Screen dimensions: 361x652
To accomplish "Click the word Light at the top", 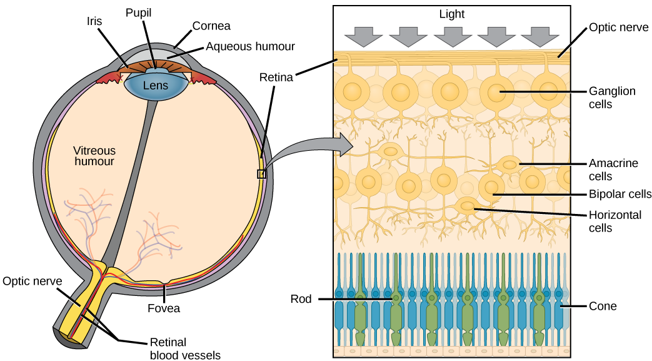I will point(451,14).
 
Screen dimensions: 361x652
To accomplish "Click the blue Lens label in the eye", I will point(156,85).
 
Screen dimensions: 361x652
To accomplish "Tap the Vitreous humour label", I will point(94,156).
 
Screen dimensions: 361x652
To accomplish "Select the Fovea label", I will point(164,308).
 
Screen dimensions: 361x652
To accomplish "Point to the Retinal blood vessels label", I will point(185,349).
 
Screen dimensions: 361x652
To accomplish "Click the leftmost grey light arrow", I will point(363,36).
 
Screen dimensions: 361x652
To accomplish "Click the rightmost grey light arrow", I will point(540,36).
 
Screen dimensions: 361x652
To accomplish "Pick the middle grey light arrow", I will point(452,36).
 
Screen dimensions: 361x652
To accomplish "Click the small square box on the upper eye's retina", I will point(262,174).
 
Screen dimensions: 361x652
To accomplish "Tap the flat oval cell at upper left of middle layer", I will point(391,151).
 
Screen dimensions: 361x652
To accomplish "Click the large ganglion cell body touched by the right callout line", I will point(498,93).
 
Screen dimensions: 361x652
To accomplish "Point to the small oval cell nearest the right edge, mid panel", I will point(510,165).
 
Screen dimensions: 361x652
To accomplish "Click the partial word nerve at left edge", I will point(49,282).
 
